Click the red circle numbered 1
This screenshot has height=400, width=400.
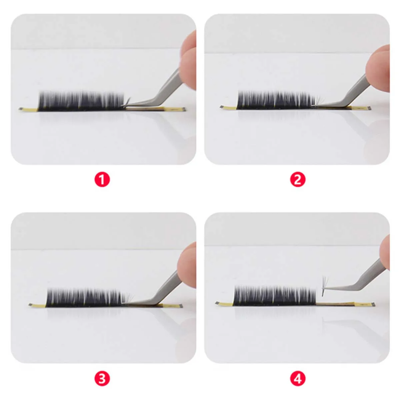click(x=102, y=180)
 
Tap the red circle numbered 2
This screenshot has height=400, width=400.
click(x=298, y=180)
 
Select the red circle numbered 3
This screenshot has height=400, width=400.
click(x=102, y=379)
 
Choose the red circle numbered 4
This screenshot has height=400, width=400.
click(x=298, y=379)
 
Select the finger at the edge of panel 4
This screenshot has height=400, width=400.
click(x=385, y=253)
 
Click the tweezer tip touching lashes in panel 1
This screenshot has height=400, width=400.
click(x=127, y=106)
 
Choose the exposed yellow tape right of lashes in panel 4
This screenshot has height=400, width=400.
click(x=343, y=304)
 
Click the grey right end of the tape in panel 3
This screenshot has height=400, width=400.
click(x=180, y=306)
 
